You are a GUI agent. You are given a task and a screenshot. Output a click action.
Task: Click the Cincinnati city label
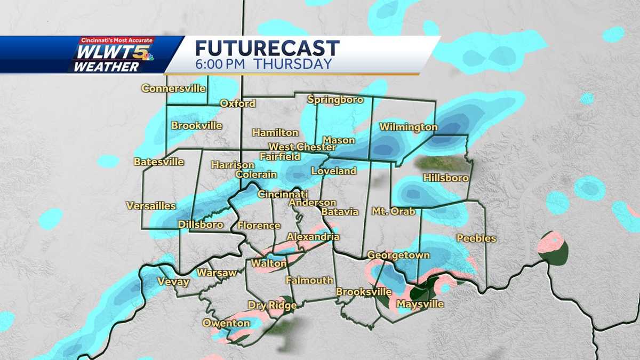283,194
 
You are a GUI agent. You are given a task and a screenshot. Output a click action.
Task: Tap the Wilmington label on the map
408,127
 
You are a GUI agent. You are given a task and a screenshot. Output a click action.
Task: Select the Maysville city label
420,305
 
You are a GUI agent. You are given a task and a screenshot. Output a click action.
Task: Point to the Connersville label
173,89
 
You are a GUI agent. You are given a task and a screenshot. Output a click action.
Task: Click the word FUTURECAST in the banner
267,49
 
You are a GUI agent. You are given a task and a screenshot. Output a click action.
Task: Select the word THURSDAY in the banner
292,65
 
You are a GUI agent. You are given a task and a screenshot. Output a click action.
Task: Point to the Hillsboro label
446,178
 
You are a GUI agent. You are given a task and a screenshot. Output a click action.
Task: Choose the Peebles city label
476,238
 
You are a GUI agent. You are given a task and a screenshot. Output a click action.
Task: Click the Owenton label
226,323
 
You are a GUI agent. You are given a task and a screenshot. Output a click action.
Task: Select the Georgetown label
398,255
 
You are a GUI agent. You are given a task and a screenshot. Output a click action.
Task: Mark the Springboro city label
336,100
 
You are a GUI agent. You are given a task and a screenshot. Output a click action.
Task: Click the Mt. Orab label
393,212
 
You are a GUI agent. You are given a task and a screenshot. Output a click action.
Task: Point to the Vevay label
173,282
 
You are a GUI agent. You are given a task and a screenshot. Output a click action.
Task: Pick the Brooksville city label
364,292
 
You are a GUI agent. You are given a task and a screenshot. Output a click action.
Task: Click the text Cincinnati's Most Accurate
117,41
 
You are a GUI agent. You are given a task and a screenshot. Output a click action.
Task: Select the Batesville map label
159,162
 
